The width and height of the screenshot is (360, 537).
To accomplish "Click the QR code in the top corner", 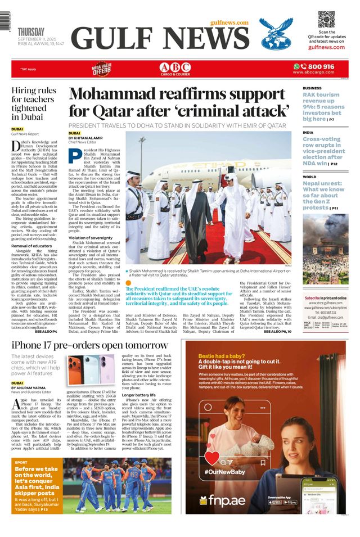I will (x=326, y=19).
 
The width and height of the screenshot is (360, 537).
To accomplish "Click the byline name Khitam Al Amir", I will (x=89, y=138).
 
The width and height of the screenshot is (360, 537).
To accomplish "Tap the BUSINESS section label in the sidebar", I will (x=312, y=88).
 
